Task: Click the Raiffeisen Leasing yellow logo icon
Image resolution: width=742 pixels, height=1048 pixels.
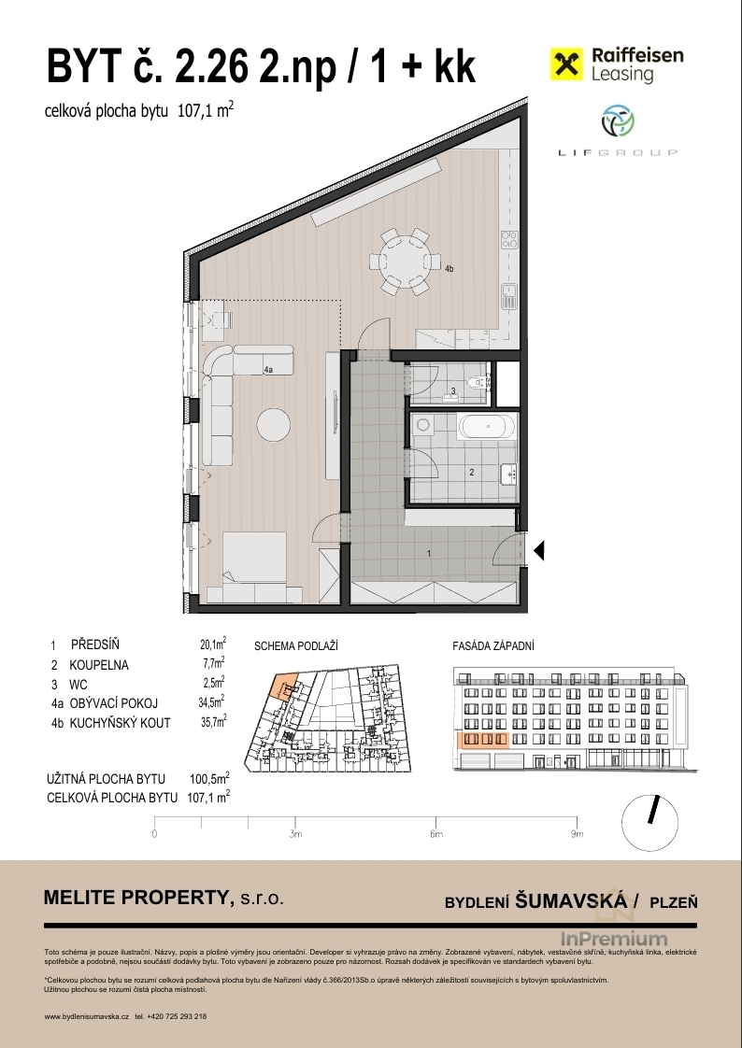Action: (x=566, y=64)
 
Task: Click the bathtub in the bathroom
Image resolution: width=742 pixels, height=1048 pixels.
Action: (x=488, y=427)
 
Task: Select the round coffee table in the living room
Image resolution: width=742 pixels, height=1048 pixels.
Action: (x=274, y=424)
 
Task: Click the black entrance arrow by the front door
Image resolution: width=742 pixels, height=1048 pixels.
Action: (x=539, y=551)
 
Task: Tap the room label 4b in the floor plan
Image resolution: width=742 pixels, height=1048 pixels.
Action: (x=449, y=269)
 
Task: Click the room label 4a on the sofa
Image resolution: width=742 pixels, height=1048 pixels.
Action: (x=269, y=369)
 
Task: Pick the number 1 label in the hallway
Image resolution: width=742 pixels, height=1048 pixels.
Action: (x=429, y=553)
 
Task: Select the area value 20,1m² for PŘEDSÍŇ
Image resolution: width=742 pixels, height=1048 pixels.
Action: (x=212, y=644)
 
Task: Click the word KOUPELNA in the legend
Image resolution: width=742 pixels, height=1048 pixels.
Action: (x=99, y=665)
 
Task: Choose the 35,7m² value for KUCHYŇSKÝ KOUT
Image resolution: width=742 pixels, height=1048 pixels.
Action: (x=213, y=721)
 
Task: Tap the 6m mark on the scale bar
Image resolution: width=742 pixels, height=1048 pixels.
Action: (x=435, y=834)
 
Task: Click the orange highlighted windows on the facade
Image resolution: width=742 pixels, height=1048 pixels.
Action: (x=483, y=739)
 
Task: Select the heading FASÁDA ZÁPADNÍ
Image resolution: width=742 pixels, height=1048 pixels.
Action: (x=493, y=646)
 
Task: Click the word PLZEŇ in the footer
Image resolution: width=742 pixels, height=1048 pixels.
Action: (x=674, y=902)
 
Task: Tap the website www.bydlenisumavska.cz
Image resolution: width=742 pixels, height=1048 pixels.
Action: (x=86, y=1016)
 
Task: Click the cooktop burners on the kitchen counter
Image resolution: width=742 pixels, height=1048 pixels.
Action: (x=510, y=239)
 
